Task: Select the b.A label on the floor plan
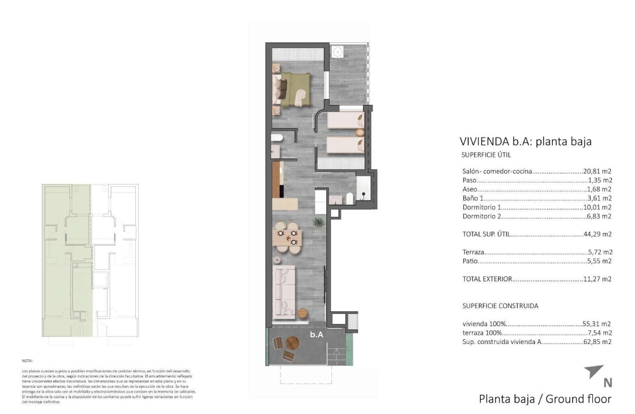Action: point(316,334)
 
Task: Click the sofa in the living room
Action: point(284,291)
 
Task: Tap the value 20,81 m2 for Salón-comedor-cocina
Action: point(597,172)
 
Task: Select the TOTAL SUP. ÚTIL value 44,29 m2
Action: point(597,234)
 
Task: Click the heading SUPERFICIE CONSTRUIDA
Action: point(500,306)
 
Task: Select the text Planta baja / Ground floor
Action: point(545,399)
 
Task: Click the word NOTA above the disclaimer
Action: point(28,361)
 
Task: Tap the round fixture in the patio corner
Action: point(338,51)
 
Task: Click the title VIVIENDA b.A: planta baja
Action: point(525,141)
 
